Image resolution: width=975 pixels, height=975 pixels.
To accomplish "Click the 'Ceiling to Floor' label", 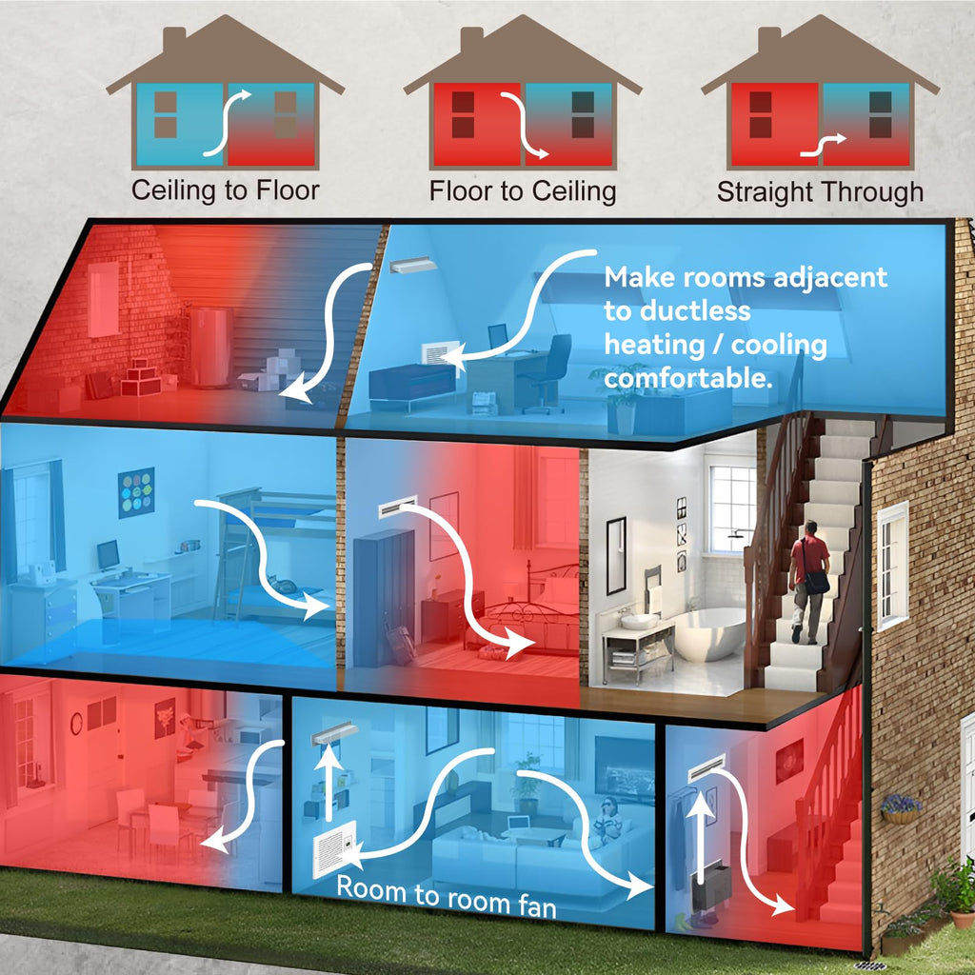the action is (x=225, y=190).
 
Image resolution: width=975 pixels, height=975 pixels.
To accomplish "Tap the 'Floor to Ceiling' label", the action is (x=523, y=190).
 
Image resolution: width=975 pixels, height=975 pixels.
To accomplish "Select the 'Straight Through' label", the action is (x=820, y=191).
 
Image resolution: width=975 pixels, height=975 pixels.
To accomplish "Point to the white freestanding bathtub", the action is (x=708, y=633).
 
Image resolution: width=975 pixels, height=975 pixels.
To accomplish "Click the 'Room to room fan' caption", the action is (x=446, y=897).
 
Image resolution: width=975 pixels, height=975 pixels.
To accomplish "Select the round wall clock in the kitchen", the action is (x=76, y=724).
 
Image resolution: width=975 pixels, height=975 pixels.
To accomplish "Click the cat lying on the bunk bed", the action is (x=282, y=585).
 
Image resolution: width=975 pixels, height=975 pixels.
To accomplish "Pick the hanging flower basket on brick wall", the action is (x=901, y=809).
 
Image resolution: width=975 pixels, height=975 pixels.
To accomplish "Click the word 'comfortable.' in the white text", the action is (x=688, y=378).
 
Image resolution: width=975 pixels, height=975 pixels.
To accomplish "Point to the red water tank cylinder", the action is (x=210, y=347).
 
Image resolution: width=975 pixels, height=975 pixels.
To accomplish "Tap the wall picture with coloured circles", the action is (x=136, y=492).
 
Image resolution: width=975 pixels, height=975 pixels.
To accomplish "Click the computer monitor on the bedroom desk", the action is (x=109, y=555).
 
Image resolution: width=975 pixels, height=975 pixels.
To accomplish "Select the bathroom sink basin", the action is (x=639, y=621).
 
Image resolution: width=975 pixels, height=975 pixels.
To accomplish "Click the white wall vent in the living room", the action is (x=335, y=848).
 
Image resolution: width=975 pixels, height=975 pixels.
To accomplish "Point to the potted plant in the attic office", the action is (x=618, y=398).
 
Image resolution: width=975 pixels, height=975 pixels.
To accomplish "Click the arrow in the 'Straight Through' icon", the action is (x=823, y=146).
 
